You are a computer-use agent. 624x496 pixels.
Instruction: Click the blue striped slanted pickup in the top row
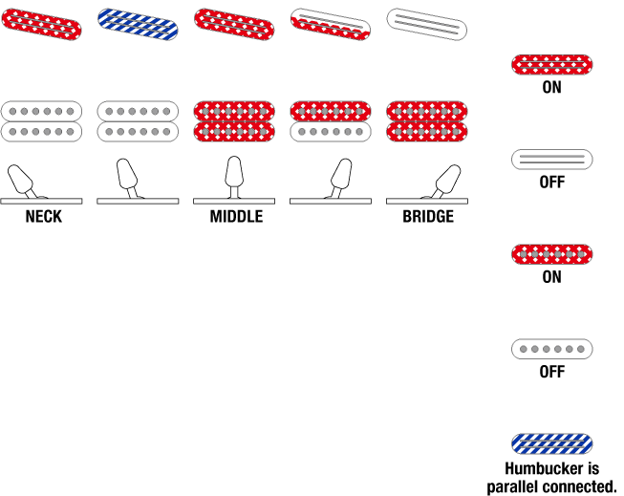tap(138, 25)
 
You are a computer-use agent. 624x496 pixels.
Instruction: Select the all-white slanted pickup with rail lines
tap(426, 25)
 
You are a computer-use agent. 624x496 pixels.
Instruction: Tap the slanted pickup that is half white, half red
tap(330, 25)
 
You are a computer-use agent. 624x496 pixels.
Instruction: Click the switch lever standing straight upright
tap(234, 173)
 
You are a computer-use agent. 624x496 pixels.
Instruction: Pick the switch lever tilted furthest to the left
tap(21, 179)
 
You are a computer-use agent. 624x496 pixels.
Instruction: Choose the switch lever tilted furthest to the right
tap(447, 179)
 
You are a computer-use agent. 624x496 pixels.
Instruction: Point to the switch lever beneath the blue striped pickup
tap(127, 175)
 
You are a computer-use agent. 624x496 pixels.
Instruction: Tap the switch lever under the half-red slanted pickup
tap(341, 175)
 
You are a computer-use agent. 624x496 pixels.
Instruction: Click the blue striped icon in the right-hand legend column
tap(551, 443)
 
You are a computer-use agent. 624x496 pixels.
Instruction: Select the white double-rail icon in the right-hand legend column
tap(551, 160)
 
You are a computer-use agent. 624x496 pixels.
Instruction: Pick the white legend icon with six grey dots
tap(551, 349)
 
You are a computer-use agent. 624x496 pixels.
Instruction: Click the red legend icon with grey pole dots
tap(551, 254)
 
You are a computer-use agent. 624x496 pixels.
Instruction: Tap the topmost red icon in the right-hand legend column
tap(551, 65)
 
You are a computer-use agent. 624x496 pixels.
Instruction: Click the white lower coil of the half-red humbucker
tap(331, 132)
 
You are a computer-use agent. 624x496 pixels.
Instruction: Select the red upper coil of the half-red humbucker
tap(331, 112)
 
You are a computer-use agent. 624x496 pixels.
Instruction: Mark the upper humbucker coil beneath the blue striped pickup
tap(138, 112)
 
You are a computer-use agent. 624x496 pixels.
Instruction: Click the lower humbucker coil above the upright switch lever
tap(234, 132)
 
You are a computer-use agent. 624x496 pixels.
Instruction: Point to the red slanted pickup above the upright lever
tap(234, 25)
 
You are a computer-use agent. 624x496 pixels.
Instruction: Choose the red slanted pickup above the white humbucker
tap(41, 25)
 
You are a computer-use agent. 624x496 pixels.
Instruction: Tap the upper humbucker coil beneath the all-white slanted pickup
tap(427, 112)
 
